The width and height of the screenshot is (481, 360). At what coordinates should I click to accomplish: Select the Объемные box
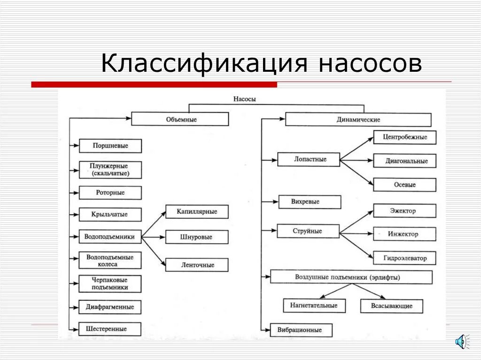pyautogui.click(x=180, y=119)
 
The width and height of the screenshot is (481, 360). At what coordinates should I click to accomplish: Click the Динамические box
pyautogui.click(x=358, y=120)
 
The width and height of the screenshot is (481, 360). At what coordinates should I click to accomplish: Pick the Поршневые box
pyautogui.click(x=110, y=146)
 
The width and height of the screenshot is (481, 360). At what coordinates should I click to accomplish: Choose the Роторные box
pyautogui.click(x=110, y=193)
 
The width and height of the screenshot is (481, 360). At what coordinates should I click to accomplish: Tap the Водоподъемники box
pyautogui.click(x=110, y=237)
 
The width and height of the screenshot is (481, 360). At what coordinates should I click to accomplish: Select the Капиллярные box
pyautogui.click(x=197, y=212)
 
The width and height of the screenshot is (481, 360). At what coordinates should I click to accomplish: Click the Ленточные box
pyautogui.click(x=197, y=265)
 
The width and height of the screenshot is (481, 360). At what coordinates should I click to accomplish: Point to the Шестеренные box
pyautogui.click(x=110, y=329)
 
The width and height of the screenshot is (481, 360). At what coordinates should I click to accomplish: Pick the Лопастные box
pyautogui.click(x=308, y=160)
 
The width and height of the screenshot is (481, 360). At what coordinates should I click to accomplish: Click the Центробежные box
pyautogui.click(x=404, y=138)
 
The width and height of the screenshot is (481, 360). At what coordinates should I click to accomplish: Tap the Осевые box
pyautogui.click(x=404, y=184)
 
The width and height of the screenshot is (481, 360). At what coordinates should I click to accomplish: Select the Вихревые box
pyautogui.click(x=309, y=202)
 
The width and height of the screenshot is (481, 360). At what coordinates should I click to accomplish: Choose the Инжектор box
pyautogui.click(x=404, y=234)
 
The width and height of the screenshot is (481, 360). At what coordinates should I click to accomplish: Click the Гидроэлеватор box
pyautogui.click(x=404, y=258)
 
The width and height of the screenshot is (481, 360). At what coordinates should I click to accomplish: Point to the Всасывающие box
pyautogui.click(x=391, y=306)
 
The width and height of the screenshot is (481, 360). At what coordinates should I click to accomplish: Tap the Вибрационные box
pyautogui.click(x=302, y=330)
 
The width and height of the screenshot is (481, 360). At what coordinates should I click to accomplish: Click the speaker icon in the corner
pyautogui.click(x=461, y=341)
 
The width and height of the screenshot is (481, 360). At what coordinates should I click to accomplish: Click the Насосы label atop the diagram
pyautogui.click(x=244, y=99)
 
